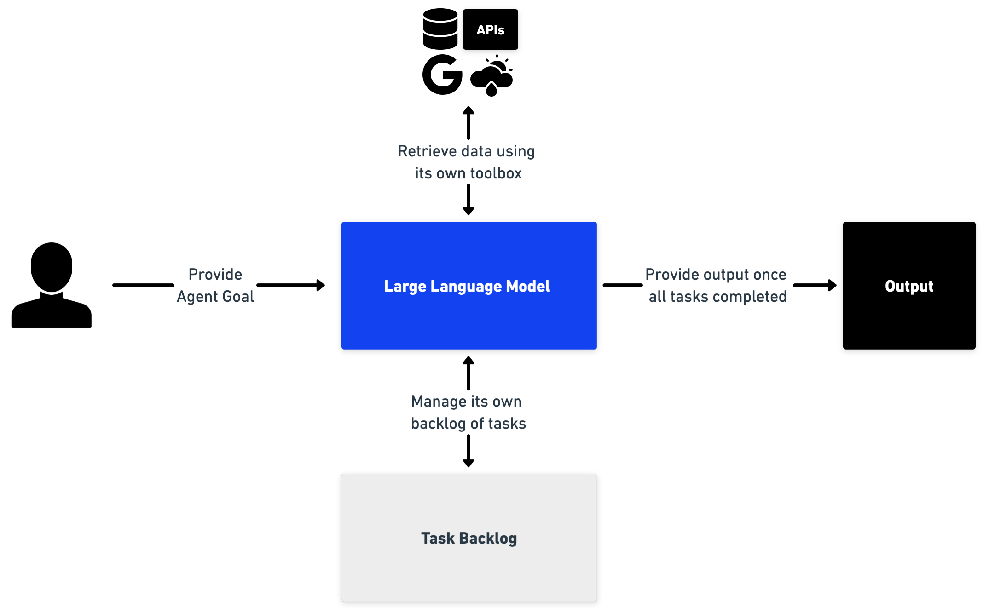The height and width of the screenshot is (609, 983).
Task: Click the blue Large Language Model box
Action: (469, 286)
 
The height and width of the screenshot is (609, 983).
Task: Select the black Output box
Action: (909, 286)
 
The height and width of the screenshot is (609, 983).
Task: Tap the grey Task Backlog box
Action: (469, 538)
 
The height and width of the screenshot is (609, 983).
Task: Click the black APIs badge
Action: (490, 29)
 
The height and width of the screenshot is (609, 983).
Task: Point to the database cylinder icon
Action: (440, 29)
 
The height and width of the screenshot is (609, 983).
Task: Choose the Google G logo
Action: (442, 75)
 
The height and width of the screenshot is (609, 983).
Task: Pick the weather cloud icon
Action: (491, 76)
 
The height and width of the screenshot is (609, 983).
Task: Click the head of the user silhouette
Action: (52, 267)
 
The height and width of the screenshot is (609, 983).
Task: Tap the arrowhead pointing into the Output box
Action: (832, 285)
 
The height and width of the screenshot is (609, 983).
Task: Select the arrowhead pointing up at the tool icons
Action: (468, 110)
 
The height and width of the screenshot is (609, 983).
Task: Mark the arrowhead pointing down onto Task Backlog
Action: (468, 463)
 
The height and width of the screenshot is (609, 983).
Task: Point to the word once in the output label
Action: (770, 275)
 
